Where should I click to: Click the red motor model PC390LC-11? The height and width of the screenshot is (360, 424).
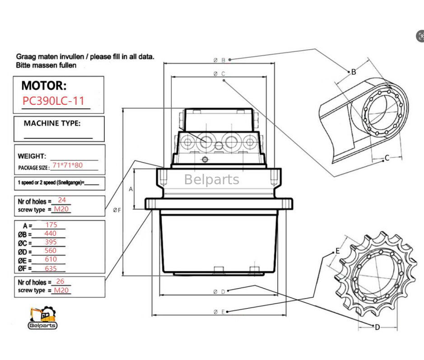click(x=53, y=101)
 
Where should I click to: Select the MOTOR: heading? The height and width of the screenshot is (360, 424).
click(x=44, y=85)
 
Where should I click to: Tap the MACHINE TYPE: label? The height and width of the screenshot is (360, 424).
click(x=52, y=123)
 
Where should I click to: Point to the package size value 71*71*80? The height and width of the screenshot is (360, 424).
click(x=67, y=165)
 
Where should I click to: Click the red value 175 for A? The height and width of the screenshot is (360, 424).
click(x=52, y=224)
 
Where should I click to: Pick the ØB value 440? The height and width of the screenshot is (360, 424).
click(x=51, y=234)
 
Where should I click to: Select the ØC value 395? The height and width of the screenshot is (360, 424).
click(x=51, y=242)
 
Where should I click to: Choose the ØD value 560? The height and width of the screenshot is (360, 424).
click(x=51, y=251)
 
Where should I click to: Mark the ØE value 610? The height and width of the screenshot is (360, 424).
click(x=51, y=259)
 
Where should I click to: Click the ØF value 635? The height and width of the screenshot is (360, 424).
click(x=51, y=268)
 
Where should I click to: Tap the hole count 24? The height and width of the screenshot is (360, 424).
click(x=62, y=200)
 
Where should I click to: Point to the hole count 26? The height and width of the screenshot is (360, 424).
click(x=60, y=281)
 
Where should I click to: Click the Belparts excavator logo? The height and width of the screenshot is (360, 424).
click(x=42, y=318)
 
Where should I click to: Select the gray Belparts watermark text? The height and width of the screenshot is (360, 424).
click(x=211, y=180)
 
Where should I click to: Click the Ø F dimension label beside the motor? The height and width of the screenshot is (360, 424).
click(x=116, y=210)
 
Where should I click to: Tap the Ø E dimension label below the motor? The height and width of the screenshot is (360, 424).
click(x=219, y=312)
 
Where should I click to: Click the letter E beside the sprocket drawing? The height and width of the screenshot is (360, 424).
click(x=337, y=251)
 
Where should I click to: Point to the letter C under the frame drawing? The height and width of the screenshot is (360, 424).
click(x=387, y=158)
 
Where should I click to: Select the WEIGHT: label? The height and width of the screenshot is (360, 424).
click(x=32, y=156)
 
